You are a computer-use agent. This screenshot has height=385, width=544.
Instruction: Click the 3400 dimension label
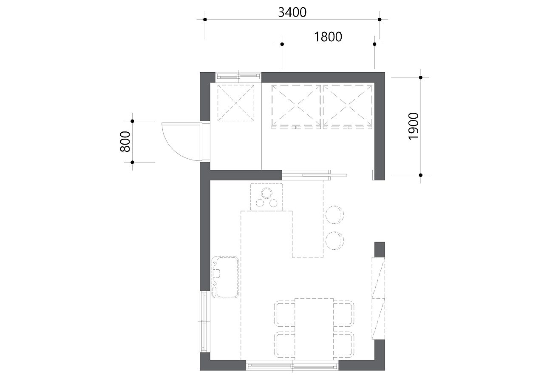tap(292, 13)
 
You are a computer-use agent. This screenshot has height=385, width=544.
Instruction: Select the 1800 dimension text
tap(328, 37)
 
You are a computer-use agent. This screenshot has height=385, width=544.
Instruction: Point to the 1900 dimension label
tap(414, 126)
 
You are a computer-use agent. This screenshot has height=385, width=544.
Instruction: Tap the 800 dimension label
tap(125, 142)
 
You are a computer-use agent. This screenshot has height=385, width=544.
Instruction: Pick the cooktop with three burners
tap(266, 197)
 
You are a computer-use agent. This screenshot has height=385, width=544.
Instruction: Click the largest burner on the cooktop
tap(266, 193)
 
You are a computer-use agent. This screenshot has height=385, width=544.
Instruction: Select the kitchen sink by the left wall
tap(225, 277)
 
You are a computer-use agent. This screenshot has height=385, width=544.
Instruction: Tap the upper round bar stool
tap(334, 214)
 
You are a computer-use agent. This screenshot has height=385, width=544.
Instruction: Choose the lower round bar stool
tap(334, 241)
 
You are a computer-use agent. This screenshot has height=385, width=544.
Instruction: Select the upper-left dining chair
tap(285, 313)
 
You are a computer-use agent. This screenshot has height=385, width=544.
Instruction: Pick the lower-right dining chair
tap(344, 345)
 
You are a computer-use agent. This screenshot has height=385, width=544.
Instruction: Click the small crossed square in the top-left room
tap(236, 103)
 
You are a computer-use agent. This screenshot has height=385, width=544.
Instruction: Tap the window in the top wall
tap(238, 76)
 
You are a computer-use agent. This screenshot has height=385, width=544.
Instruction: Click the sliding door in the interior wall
tap(314, 175)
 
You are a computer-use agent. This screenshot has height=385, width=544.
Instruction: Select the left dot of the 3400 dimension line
tap(205, 20)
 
